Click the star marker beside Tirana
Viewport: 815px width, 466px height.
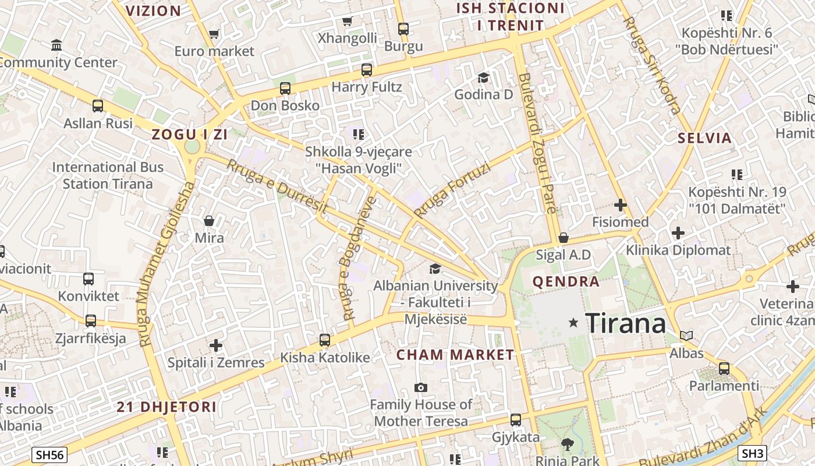point(573,322)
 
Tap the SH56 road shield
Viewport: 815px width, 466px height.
point(49,455)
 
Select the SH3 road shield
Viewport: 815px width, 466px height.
point(752,453)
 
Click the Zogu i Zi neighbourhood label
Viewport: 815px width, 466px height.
point(189,135)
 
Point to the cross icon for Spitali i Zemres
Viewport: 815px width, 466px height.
point(216,345)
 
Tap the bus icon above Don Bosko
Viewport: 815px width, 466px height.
point(285,89)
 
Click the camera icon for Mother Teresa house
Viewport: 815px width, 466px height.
point(420,387)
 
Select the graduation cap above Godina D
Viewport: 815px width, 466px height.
point(483,77)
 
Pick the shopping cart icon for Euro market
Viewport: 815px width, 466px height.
point(214,34)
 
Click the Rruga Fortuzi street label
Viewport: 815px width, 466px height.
point(452,190)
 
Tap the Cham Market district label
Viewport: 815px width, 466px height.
point(455,355)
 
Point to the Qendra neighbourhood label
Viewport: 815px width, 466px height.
point(566,282)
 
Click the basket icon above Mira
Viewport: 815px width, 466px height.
point(209,221)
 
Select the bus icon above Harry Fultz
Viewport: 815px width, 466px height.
point(366,70)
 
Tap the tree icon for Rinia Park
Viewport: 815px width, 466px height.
point(568,445)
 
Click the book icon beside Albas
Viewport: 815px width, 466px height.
point(687,336)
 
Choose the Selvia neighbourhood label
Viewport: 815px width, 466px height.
point(704,138)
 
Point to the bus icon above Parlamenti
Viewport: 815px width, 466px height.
point(724,368)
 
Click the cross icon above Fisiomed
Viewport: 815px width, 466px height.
point(621,205)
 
